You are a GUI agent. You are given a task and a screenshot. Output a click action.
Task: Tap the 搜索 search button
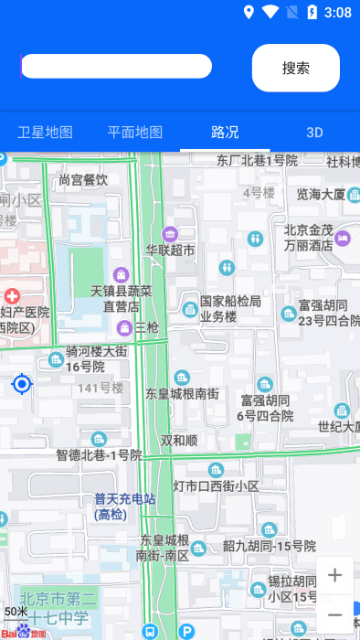[295, 68]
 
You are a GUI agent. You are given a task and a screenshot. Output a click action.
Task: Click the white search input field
[117, 67]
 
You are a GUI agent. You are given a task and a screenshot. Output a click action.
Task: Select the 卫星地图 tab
[45, 132]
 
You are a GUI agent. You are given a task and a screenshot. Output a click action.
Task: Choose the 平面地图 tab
[134, 132]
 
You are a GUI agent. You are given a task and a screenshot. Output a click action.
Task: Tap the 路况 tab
[225, 132]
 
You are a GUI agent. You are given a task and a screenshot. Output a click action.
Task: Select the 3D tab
[314, 132]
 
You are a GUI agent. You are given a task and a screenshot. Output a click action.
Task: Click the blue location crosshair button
[22, 384]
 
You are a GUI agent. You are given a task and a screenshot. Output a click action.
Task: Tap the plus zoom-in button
[335, 575]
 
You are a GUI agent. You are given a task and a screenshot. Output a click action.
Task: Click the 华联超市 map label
[170, 250]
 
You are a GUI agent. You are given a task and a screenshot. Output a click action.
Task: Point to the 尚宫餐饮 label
[83, 180]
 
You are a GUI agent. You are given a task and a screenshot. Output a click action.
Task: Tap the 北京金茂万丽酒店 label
[308, 238]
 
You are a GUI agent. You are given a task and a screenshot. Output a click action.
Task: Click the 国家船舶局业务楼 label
[230, 309]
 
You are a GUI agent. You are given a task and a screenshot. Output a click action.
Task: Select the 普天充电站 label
[124, 507]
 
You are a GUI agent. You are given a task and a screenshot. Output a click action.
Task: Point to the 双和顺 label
[179, 440]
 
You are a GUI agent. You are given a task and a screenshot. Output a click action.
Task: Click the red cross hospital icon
[12, 296]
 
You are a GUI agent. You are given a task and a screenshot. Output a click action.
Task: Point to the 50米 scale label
[16, 611]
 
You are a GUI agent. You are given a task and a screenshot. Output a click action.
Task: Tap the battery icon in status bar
[312, 12]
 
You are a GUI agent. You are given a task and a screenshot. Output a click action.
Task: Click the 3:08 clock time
[338, 12]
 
